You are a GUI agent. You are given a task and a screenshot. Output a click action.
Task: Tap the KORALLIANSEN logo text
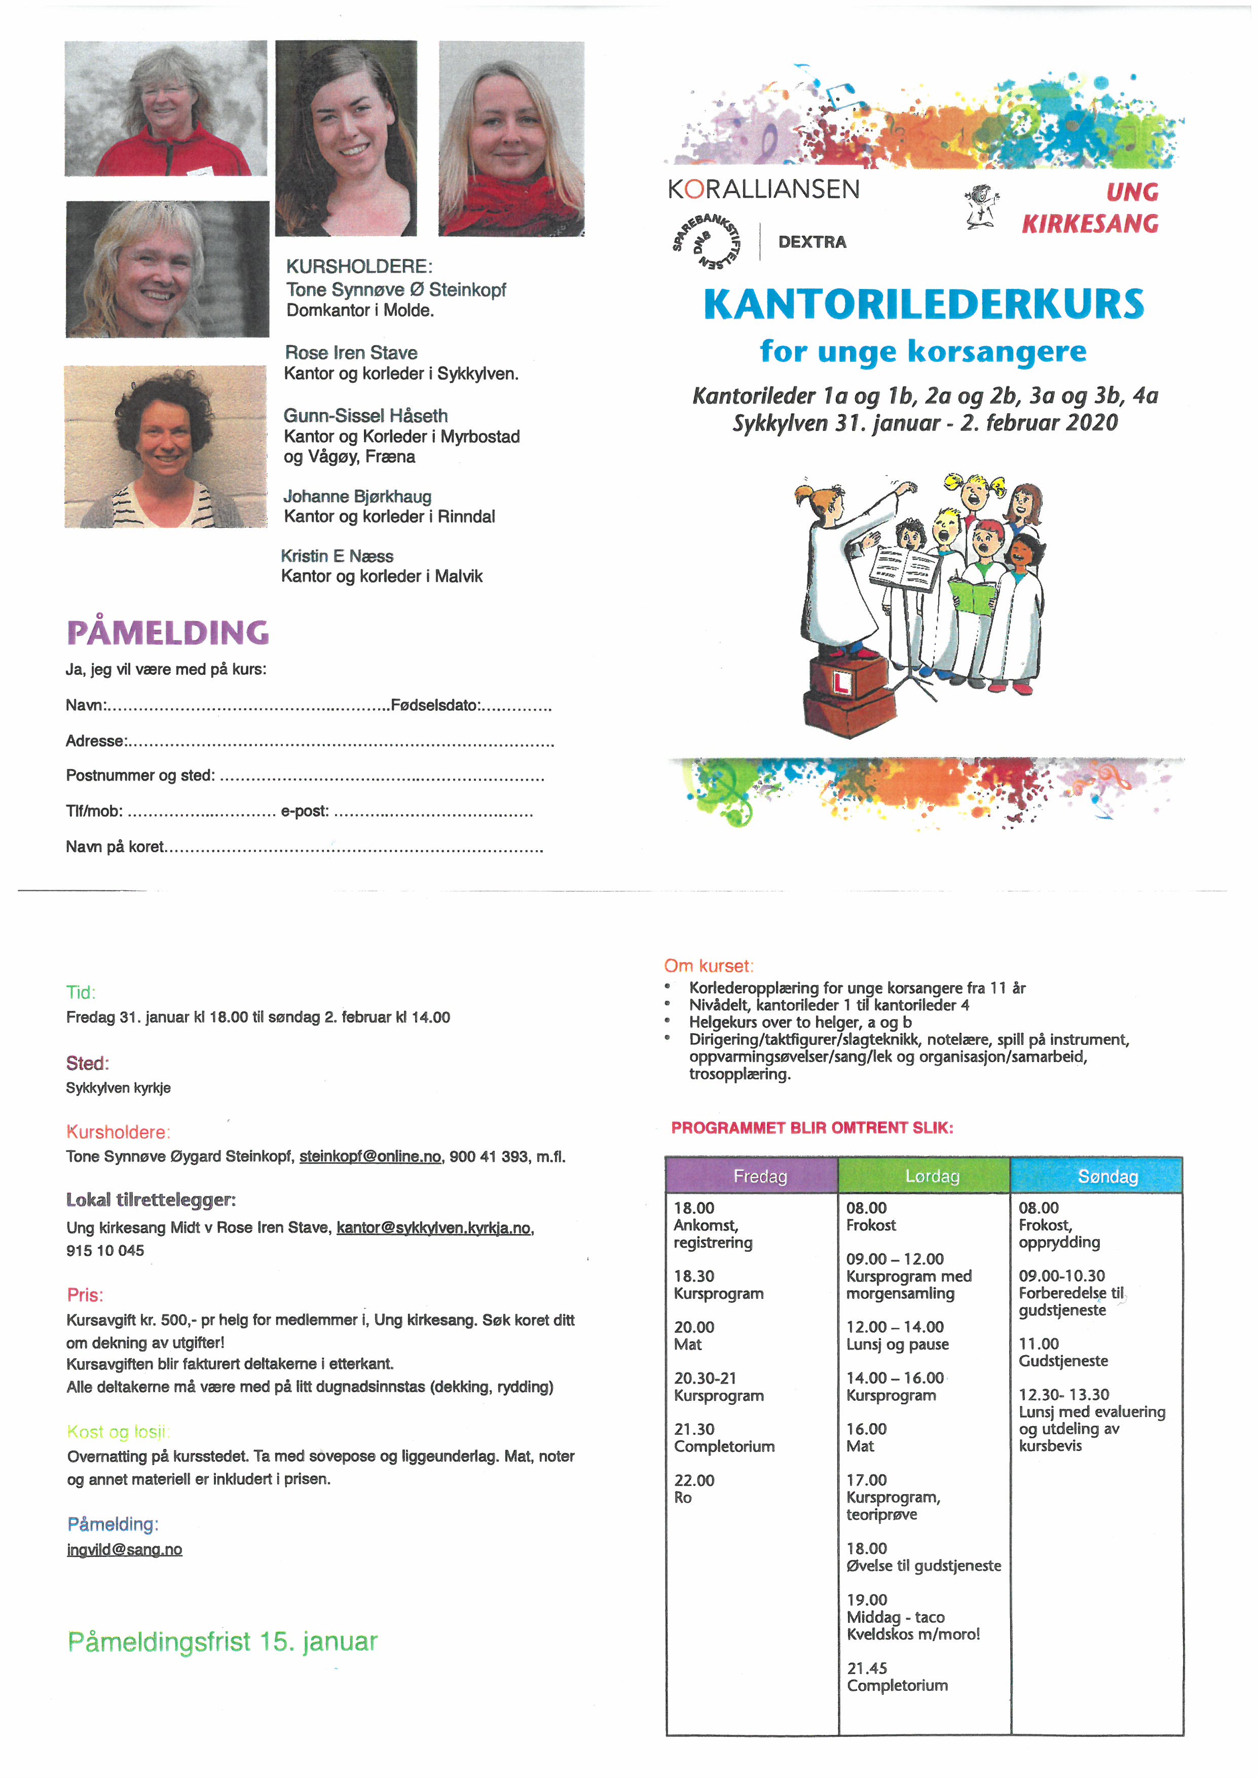pos(763,190)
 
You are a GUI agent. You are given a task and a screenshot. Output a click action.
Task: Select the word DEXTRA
pos(812,242)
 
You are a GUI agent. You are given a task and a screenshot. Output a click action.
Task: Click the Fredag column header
pos(759,1176)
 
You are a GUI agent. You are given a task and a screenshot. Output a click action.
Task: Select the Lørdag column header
pos(932,1176)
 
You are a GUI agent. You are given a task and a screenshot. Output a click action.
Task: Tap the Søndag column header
pos(1107,1176)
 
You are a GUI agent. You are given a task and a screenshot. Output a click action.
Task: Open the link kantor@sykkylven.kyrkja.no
pos(433,1228)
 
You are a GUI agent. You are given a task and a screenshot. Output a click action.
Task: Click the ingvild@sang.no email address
pos(125,1549)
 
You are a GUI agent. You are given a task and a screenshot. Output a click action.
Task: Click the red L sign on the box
pos(841,681)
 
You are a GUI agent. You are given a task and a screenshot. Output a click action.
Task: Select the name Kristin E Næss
pos(337,556)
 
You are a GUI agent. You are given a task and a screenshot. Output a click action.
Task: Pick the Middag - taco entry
pos(896,1617)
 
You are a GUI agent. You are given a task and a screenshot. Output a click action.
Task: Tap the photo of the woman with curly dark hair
pos(166,447)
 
